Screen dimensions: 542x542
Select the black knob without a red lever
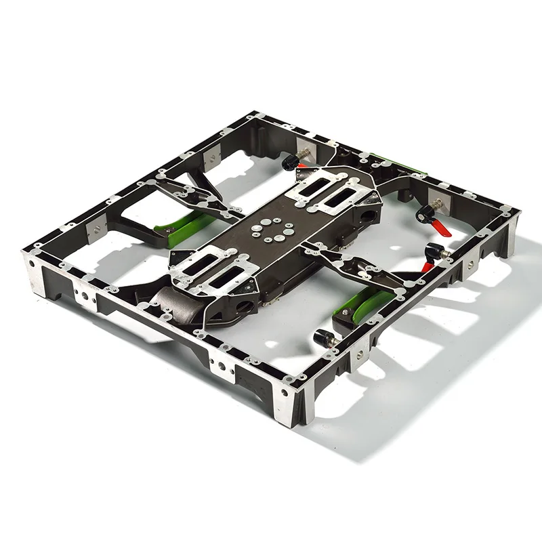point(324,337)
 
